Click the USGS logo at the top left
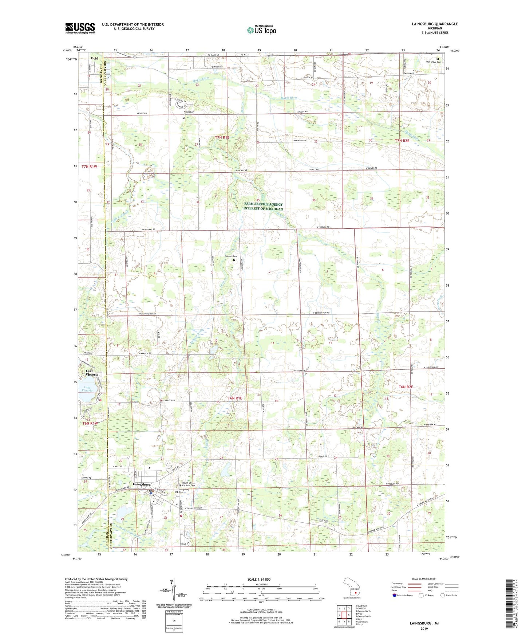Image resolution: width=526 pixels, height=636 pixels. tap(80, 28)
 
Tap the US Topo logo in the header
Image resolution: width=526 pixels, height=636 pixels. tap(261, 30)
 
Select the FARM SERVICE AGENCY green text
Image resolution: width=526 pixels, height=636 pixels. tap(263, 204)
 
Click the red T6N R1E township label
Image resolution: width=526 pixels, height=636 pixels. tap(235, 398)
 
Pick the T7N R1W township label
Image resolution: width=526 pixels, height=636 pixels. tap(90, 166)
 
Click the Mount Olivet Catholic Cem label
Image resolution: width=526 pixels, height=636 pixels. tap(189, 484)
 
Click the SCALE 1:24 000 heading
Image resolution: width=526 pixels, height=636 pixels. tap(259, 579)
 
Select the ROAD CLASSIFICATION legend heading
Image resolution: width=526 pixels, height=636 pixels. tap(424, 579)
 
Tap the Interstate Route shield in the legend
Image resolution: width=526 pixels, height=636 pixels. tap(395, 595)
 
